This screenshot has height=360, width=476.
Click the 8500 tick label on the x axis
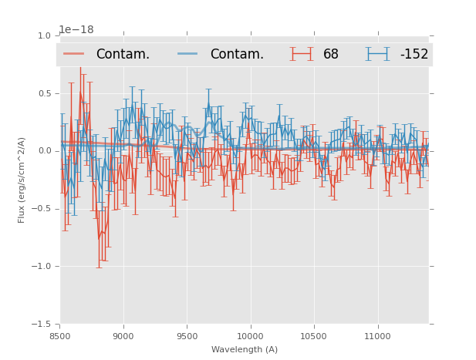coord(60,336)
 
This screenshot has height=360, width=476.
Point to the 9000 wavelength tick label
coord(123,336)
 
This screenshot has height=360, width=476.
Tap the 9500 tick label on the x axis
coord(187,336)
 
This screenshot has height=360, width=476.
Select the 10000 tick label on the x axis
coord(250,336)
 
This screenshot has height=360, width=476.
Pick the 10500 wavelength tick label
coord(314,336)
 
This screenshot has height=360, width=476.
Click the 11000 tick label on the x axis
coord(377,336)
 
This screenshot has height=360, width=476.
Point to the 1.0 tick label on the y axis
coord(44,35)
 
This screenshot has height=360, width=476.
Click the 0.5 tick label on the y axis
coord(44,93)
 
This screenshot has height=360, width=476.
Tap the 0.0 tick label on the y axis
coord(44,151)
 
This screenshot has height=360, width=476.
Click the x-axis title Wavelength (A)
coord(245,349)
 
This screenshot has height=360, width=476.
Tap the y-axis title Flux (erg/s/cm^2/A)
coord(22,180)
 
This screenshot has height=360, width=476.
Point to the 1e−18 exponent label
coord(76,30)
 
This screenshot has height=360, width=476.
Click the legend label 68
coord(331,55)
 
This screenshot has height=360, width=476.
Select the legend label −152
coord(414,55)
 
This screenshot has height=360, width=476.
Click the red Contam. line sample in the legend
coord(74,54)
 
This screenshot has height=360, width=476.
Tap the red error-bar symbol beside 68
coord(302,54)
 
